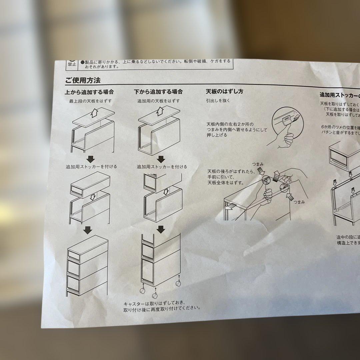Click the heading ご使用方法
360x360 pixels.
click(x=82, y=80)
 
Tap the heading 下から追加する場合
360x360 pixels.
click(x=158, y=92)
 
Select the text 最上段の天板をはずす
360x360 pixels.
click(x=90, y=101)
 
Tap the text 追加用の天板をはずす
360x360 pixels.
click(x=159, y=101)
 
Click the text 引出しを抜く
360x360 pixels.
click(x=218, y=100)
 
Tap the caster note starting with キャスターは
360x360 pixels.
click(x=162, y=306)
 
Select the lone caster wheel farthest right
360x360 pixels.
click(x=178, y=284)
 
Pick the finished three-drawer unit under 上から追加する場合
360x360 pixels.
click(x=88, y=267)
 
